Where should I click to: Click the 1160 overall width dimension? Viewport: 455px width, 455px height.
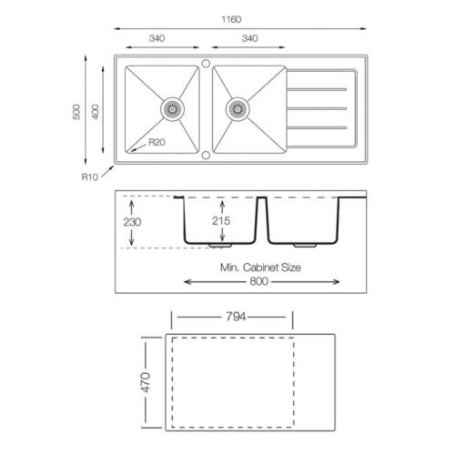click(x=231, y=19)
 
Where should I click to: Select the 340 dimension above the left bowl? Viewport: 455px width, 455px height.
click(x=157, y=38)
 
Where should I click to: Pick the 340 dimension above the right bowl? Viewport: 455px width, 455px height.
click(x=250, y=38)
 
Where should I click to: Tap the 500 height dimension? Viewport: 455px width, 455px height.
click(x=76, y=112)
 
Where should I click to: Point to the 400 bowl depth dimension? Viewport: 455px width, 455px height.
click(x=96, y=112)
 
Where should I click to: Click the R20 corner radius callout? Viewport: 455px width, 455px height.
click(x=157, y=142)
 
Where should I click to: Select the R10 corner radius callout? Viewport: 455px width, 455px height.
click(x=90, y=177)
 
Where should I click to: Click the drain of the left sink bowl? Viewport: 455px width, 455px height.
click(x=172, y=109)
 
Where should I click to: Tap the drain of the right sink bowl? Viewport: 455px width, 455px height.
click(x=238, y=109)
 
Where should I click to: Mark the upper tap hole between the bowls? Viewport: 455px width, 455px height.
click(x=206, y=64)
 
